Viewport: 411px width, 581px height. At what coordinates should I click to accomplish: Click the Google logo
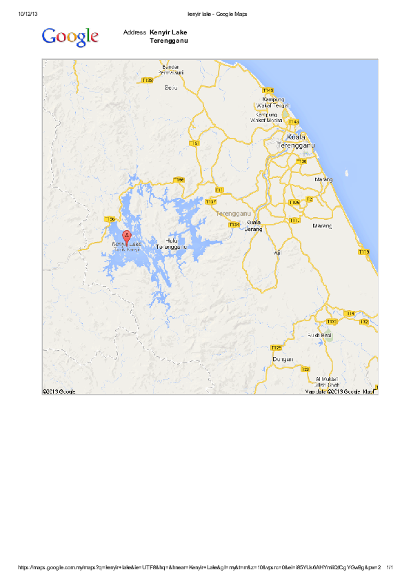point(70,37)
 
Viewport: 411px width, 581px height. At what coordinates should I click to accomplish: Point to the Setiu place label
point(171,88)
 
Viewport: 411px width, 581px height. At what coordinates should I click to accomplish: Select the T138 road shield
point(147,81)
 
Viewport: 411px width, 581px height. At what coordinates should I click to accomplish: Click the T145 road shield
point(268,90)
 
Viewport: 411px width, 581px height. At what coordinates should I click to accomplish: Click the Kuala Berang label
point(253,226)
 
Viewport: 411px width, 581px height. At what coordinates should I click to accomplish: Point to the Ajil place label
point(279,253)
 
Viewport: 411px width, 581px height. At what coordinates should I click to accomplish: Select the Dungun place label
point(283,359)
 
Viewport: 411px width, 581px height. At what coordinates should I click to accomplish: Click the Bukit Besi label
point(319,334)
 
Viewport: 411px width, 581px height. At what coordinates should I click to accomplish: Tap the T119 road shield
point(364,252)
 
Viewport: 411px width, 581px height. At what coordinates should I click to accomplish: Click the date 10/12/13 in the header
point(28,14)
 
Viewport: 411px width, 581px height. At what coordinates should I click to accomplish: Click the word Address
point(134,32)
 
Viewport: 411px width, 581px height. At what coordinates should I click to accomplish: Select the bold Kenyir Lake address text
point(168,32)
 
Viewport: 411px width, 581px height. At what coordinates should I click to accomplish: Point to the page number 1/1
point(390,568)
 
